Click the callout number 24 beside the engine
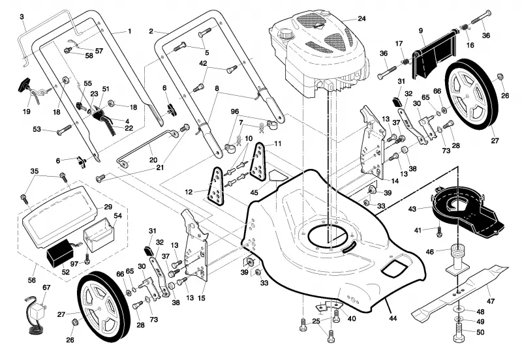361,19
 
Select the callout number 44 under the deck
393,318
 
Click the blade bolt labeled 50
459,333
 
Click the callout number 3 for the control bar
22,17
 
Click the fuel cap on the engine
285,34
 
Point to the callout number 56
31,280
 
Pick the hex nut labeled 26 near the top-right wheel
500,78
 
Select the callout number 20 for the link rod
153,160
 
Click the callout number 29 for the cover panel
108,207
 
